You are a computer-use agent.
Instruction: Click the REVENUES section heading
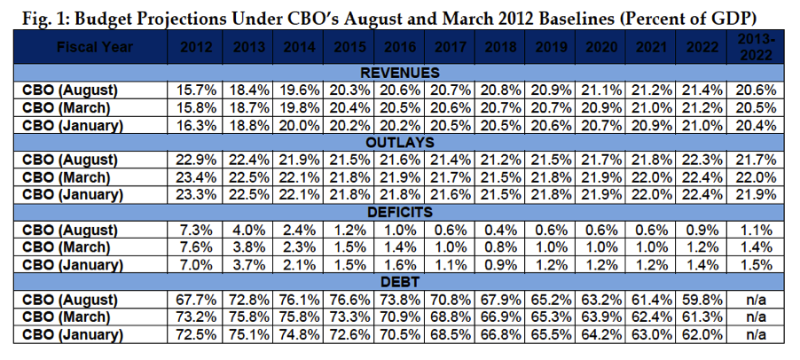click(x=400, y=73)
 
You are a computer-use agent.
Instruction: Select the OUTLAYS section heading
click(x=400, y=142)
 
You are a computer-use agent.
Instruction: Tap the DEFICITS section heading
click(x=400, y=211)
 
